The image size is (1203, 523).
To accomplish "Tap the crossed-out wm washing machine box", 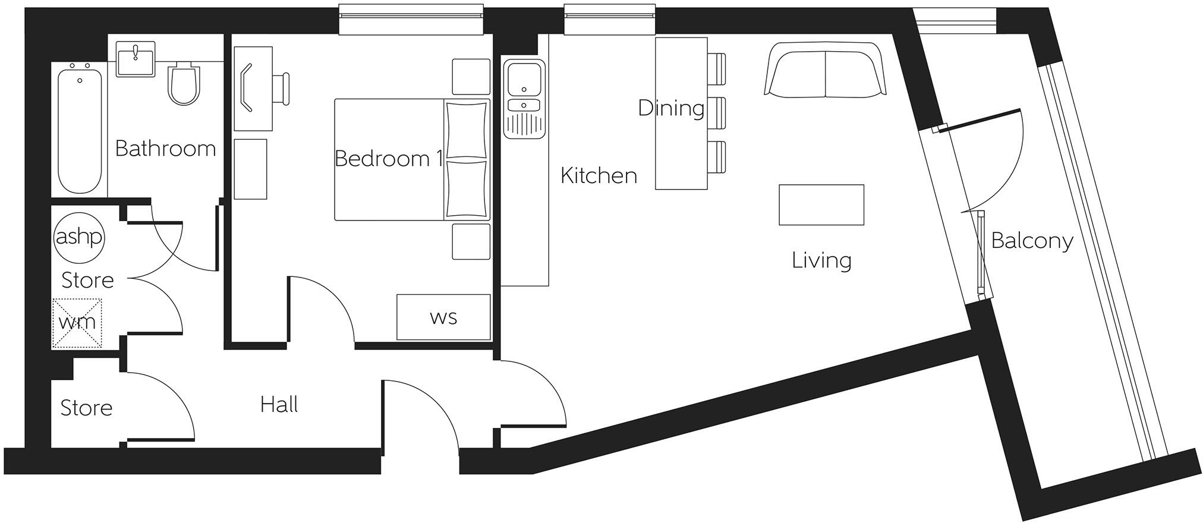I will click(77, 323).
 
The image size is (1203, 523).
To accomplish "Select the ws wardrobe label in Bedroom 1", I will click(443, 317).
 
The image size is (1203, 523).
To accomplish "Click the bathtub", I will click(80, 129).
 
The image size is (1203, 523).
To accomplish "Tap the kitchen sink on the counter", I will click(524, 80).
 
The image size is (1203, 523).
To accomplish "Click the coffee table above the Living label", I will click(821, 204).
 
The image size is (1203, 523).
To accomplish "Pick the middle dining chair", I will click(717, 113).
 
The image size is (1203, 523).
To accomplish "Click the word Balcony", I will click(1032, 241).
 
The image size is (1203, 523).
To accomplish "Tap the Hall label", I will click(279, 405).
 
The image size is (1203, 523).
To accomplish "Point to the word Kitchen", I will click(599, 175).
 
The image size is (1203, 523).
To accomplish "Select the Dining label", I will click(670, 108).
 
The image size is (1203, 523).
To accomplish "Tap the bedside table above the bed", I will click(471, 76).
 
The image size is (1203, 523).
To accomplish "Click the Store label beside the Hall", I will click(86, 408).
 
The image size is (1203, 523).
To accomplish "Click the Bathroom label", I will click(165, 149).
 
